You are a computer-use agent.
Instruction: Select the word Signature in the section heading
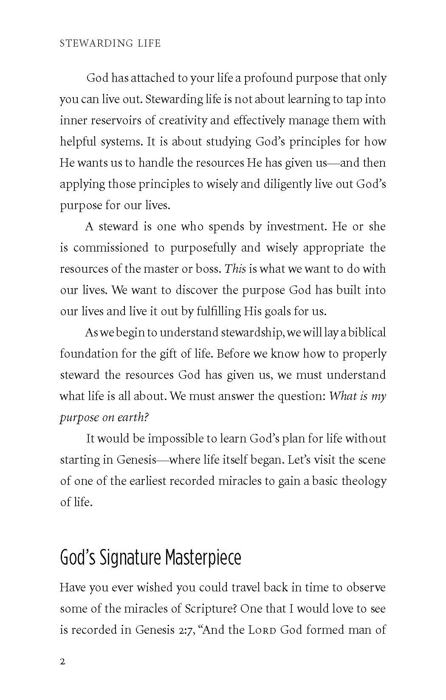click(130, 558)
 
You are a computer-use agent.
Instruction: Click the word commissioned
click(111, 248)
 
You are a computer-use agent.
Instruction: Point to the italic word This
click(235, 269)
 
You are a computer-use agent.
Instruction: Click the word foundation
click(89, 354)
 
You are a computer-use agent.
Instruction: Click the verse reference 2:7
click(183, 630)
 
